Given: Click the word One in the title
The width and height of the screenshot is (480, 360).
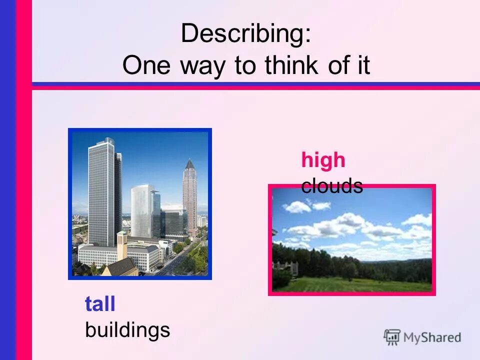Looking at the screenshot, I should [x=145, y=65].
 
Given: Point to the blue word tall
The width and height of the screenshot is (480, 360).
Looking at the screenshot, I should [x=100, y=304].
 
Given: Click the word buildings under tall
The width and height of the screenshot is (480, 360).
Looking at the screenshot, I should [x=127, y=330].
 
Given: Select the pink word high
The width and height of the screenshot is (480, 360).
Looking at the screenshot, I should [x=323, y=160].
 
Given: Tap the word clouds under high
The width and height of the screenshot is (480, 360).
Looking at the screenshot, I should [x=332, y=186].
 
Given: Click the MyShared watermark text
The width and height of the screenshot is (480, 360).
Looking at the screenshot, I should [x=432, y=337].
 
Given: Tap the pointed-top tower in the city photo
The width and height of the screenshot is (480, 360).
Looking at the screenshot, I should [x=189, y=195].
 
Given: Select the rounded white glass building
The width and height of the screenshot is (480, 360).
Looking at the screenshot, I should [x=142, y=210].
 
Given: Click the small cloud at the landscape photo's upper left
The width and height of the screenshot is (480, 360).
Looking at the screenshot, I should [x=297, y=206].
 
